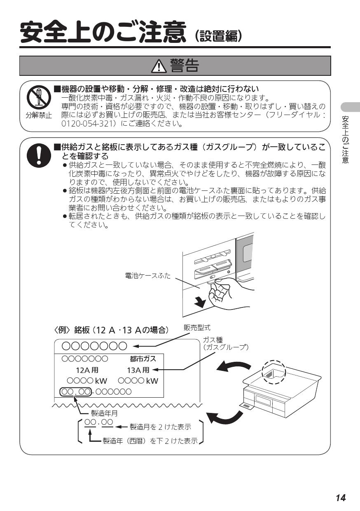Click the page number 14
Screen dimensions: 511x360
340,497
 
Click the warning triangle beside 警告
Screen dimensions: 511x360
159,66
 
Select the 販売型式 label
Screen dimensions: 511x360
197,328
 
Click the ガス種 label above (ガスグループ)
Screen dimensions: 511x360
213,340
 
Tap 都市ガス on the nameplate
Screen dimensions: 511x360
143,359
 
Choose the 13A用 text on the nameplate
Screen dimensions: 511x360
138,370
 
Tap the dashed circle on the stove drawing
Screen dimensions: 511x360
274,373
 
